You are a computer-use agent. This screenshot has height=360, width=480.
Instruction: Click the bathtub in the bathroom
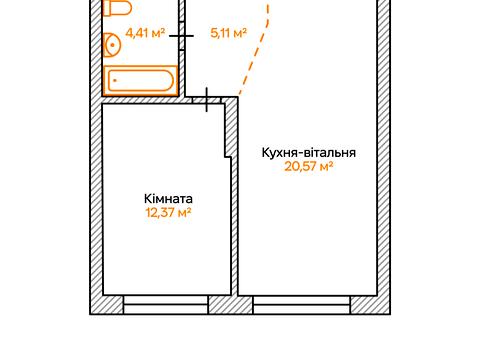(x=141, y=81)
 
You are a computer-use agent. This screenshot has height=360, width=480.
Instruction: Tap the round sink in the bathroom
(x=112, y=44)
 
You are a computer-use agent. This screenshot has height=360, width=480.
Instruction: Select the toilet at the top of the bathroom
(x=117, y=8)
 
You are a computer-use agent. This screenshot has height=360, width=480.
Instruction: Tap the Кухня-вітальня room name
(x=309, y=152)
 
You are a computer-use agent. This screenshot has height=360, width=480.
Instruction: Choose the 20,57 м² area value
(x=309, y=167)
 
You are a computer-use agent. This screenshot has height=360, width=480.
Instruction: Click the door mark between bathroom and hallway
(x=183, y=35)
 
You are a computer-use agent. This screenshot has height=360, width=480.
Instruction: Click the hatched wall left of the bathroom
(x=98, y=50)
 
